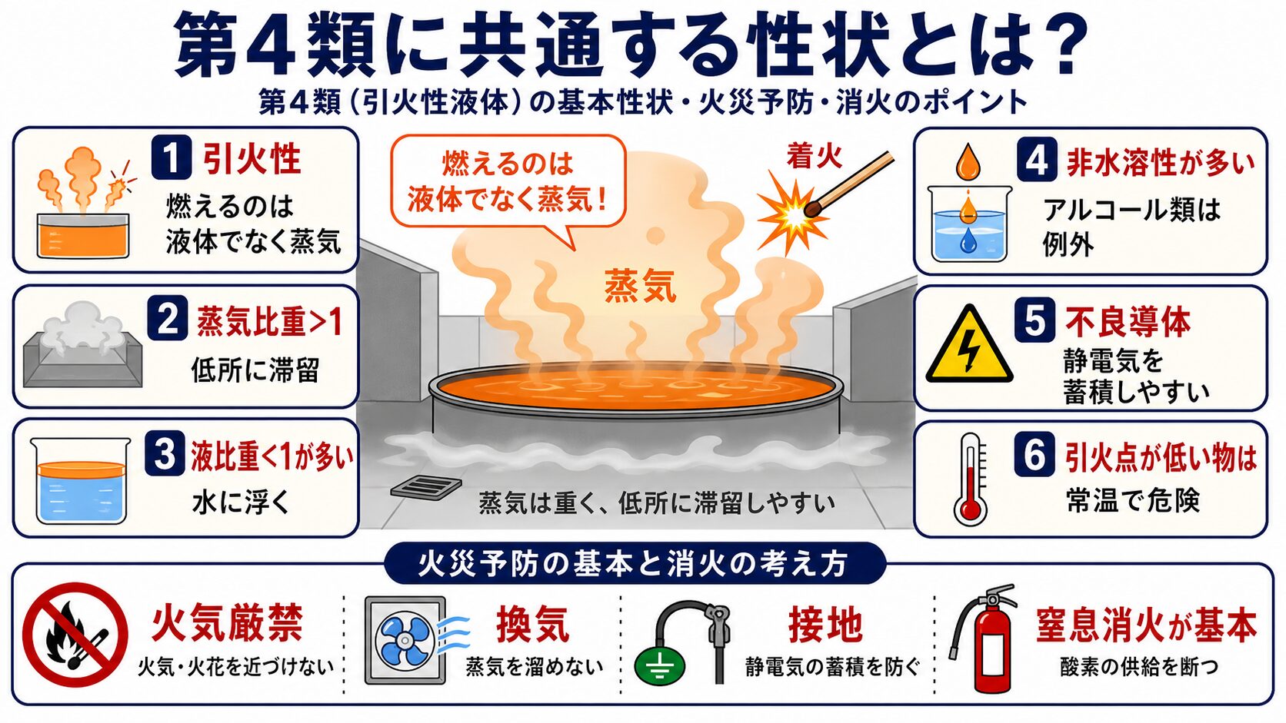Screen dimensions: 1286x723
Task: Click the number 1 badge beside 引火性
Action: pos(171,157)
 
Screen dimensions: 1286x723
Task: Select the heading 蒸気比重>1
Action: pos(270,322)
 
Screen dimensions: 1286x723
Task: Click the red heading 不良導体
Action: pos(1128,322)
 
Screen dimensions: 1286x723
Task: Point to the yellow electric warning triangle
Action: pos(969,347)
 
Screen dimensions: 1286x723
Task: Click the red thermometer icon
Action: pos(971,479)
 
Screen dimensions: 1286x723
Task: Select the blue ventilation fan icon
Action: pos(405,641)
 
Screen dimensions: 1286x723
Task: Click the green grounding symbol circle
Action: pos(660,666)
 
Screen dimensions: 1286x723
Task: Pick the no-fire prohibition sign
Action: pos(75,635)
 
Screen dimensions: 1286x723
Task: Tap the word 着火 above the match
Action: pos(814,156)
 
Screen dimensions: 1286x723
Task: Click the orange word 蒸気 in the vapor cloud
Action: pos(640,285)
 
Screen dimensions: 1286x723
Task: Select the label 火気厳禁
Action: pos(228,623)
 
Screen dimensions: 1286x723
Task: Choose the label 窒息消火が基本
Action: pos(1147,625)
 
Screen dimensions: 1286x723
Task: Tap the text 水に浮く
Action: pos(242,502)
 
